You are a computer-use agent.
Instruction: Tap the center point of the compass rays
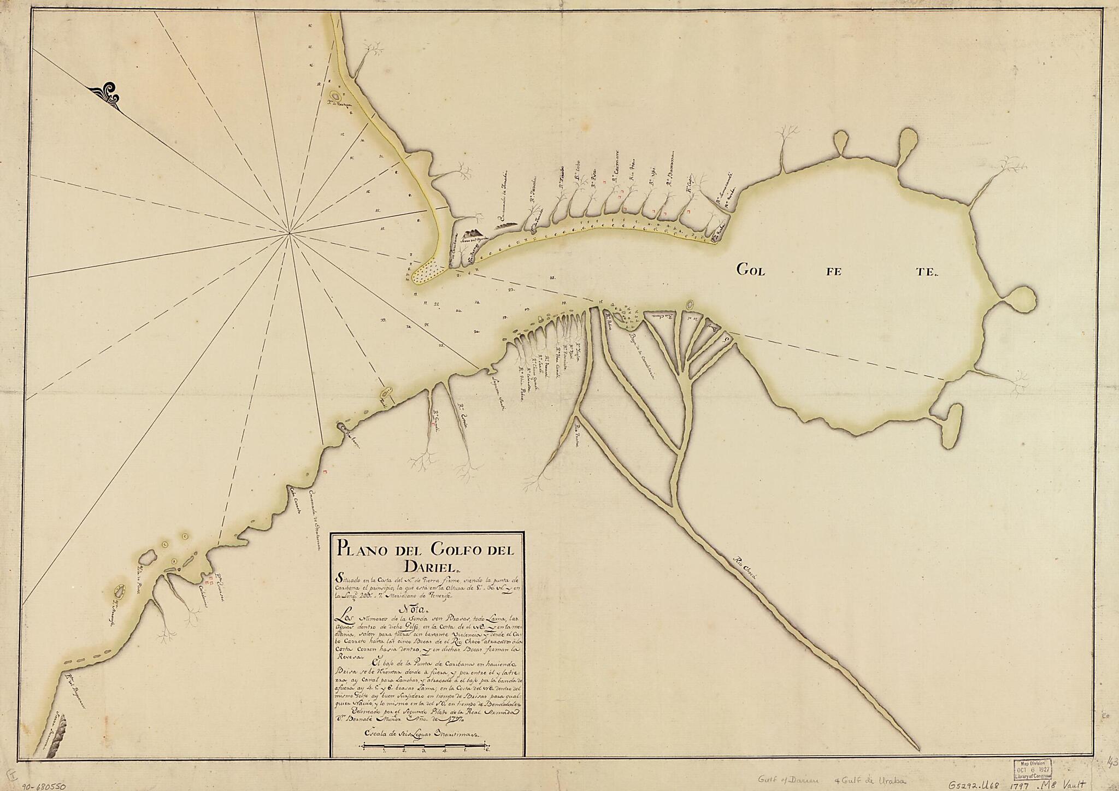[289, 234]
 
